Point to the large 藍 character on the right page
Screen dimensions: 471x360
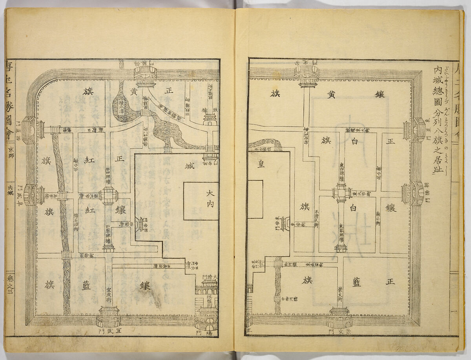tap(356, 283)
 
